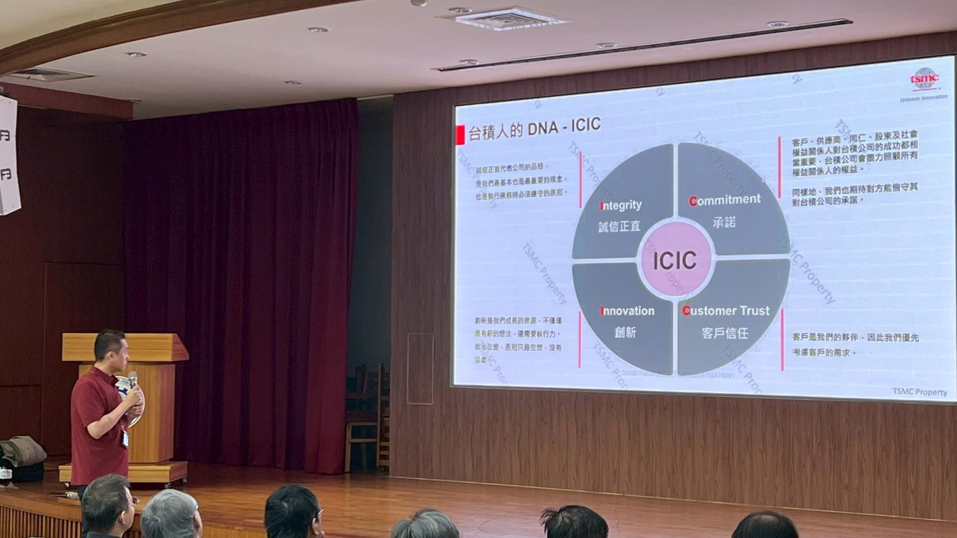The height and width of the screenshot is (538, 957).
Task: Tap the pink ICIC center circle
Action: point(675,260)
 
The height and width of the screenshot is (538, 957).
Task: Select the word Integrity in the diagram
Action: point(620,205)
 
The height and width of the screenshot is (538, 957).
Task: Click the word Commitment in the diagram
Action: point(725,200)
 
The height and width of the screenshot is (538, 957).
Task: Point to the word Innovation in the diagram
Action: point(627,311)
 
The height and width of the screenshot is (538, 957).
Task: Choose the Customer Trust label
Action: point(726,310)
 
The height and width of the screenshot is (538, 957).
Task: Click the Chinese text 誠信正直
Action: point(619,226)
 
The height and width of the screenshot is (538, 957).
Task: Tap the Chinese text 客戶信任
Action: point(725,333)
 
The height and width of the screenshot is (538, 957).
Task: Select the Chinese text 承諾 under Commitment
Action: point(724,222)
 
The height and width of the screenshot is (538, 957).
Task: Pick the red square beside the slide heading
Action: point(460,134)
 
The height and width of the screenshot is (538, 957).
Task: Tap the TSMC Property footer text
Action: point(919,392)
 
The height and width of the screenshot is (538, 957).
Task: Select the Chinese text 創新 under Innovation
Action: point(625,332)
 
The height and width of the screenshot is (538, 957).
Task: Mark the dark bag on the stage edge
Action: point(22,452)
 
